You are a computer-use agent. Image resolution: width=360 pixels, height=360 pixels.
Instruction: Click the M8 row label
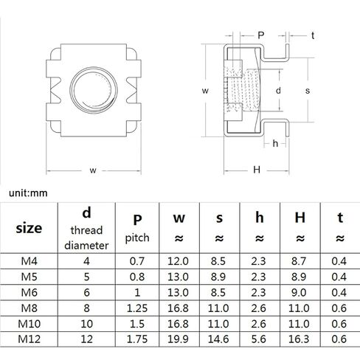tap(29, 308)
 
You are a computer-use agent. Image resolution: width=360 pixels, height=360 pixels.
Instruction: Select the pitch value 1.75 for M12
tap(137, 339)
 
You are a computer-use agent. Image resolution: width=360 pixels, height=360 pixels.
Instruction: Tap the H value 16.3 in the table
tap(299, 339)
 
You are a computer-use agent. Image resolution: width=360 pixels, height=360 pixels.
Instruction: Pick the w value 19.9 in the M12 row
tap(178, 339)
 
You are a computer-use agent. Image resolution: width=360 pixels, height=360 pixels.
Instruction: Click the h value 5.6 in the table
tap(258, 339)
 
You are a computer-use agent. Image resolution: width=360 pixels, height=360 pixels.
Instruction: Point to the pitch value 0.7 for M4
tap(137, 261)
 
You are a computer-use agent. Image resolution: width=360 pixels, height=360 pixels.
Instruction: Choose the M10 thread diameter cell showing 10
tap(86, 324)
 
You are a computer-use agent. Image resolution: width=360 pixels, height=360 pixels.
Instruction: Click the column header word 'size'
tap(29, 228)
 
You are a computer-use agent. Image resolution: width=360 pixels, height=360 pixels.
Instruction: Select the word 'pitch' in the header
tap(137, 238)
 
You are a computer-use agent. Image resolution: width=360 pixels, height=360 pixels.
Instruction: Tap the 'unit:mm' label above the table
tap(28, 193)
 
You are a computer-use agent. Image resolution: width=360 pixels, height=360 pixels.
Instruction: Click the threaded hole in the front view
tap(94, 90)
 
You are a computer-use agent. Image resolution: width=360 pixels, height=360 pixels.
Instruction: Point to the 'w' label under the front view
tap(93, 170)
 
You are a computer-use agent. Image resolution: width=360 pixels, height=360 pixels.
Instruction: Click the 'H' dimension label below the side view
tap(257, 170)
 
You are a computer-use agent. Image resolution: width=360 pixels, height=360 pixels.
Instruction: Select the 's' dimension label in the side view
tap(308, 91)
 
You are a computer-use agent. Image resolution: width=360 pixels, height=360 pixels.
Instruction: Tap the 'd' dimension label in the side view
tap(278, 91)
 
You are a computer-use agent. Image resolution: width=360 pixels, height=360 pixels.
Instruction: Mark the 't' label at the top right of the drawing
tap(313, 35)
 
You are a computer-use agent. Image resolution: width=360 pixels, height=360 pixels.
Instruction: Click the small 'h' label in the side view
tap(275, 143)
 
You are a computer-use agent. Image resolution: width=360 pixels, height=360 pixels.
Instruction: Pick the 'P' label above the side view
tap(261, 35)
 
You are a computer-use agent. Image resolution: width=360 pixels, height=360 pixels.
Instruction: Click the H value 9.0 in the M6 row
tap(299, 293)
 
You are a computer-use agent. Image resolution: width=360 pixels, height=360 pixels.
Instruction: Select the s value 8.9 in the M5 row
tap(218, 277)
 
